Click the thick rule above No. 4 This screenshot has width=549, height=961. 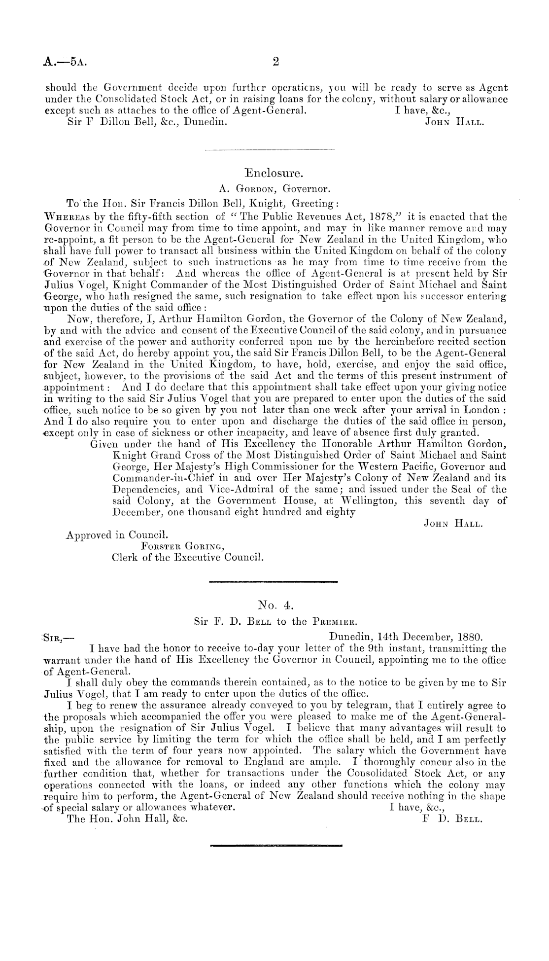pyautogui.click(x=274, y=582)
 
